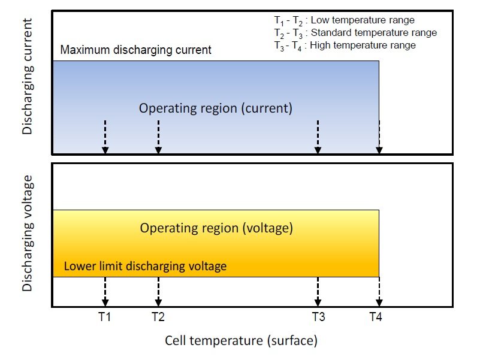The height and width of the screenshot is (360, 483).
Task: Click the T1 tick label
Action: (x=104, y=317)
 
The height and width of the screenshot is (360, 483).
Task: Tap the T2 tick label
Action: (x=158, y=317)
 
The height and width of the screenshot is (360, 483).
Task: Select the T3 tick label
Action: (x=319, y=317)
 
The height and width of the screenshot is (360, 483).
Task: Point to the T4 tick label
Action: (x=376, y=317)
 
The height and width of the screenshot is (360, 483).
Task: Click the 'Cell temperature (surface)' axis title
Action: (x=241, y=341)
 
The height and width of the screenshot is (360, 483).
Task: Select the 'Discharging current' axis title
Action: (x=27, y=77)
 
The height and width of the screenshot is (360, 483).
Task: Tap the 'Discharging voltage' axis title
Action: (x=27, y=233)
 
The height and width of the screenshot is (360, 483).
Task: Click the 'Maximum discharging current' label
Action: (x=136, y=50)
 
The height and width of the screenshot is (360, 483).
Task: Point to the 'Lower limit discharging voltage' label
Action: (x=145, y=266)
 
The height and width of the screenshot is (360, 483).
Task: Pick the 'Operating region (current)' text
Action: (x=216, y=108)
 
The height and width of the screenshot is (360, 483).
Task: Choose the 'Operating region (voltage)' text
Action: (x=216, y=228)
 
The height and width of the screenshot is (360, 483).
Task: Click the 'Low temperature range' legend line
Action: (x=345, y=20)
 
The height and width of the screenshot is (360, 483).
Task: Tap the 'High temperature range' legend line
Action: (x=345, y=46)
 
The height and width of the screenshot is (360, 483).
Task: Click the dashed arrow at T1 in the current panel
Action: (x=105, y=137)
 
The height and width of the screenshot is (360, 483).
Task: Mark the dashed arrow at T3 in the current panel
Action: (x=318, y=137)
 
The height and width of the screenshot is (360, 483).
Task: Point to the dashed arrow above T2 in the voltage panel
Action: (x=158, y=291)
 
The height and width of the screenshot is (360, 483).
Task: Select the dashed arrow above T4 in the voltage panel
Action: (x=379, y=291)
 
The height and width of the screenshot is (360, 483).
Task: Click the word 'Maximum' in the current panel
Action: (x=85, y=50)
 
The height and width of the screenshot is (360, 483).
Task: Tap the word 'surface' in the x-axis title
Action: (x=291, y=341)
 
